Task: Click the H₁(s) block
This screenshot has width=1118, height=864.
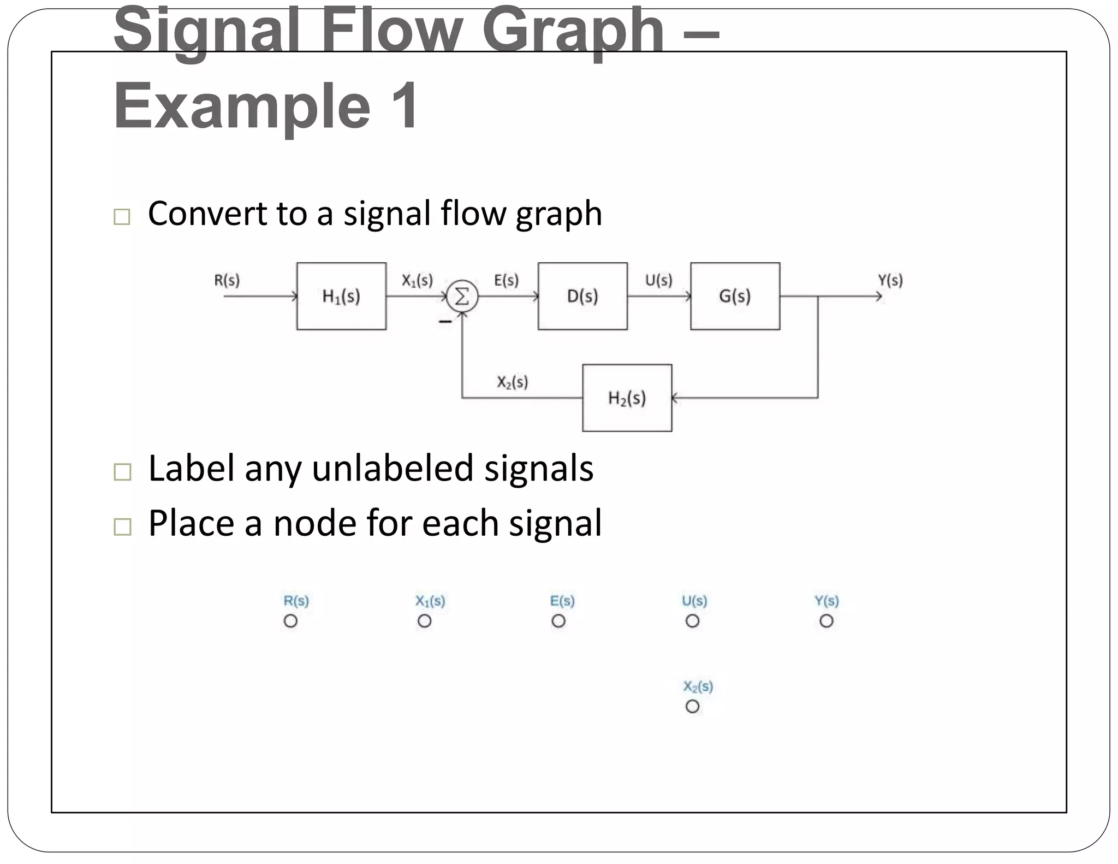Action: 341,296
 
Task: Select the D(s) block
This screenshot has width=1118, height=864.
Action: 582,296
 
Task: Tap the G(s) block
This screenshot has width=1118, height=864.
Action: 735,296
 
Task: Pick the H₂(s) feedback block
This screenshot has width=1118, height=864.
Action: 627,398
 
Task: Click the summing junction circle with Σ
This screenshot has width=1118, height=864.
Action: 462,297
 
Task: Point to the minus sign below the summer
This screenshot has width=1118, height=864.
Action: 445,322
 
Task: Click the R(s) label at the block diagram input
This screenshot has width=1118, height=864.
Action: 227,280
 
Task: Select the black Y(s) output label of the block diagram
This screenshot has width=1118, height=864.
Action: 890,280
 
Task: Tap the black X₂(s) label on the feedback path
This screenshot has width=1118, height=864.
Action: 512,382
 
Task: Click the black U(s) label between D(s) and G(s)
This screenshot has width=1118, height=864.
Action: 658,280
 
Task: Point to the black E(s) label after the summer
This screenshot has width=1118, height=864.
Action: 506,280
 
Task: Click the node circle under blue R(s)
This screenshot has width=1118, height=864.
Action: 290,621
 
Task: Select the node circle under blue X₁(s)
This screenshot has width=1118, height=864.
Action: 424,621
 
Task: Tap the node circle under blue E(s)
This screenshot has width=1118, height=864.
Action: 558,621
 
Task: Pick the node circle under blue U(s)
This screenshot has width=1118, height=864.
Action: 692,621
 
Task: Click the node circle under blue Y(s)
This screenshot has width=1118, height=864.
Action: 826,621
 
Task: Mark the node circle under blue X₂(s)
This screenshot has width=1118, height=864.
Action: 692,706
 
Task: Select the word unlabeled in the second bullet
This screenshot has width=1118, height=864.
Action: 391,469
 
